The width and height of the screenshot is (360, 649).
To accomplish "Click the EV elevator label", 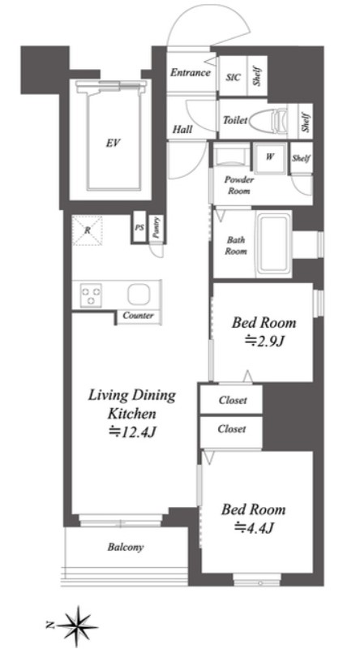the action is coord(113,144).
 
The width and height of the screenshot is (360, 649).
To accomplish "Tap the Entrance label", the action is coord(191,73).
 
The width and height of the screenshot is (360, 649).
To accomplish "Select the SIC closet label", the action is coord(234,78).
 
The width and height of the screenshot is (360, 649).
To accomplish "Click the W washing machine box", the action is coord(270,157).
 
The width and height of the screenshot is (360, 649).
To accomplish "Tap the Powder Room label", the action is coord(239,185).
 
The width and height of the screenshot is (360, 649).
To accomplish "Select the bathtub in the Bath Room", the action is coord(273,245).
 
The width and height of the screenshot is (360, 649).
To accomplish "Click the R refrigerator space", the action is coord(88,230).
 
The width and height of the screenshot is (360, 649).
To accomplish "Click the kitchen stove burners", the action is coord(91,295).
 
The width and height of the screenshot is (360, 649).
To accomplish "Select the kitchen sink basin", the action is coord(138,294).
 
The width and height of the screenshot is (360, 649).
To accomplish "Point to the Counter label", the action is coord(138,316).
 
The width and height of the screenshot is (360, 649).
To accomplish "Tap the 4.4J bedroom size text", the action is coord(254,527).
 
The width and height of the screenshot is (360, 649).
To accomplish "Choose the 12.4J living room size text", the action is coord(131,432).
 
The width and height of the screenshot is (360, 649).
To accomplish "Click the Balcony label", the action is coord(126,547).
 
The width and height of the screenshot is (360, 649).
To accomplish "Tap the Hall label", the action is coord(182,130).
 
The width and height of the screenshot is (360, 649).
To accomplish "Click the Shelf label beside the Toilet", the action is coord(306,121).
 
